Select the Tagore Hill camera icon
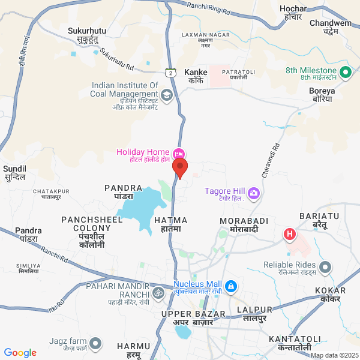(x=254, y=193)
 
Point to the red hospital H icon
(x=290, y=233)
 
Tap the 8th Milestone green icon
(x=345, y=73)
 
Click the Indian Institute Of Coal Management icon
(x=166, y=94)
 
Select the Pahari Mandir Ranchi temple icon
(x=158, y=293)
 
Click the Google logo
(x=20, y=353)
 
